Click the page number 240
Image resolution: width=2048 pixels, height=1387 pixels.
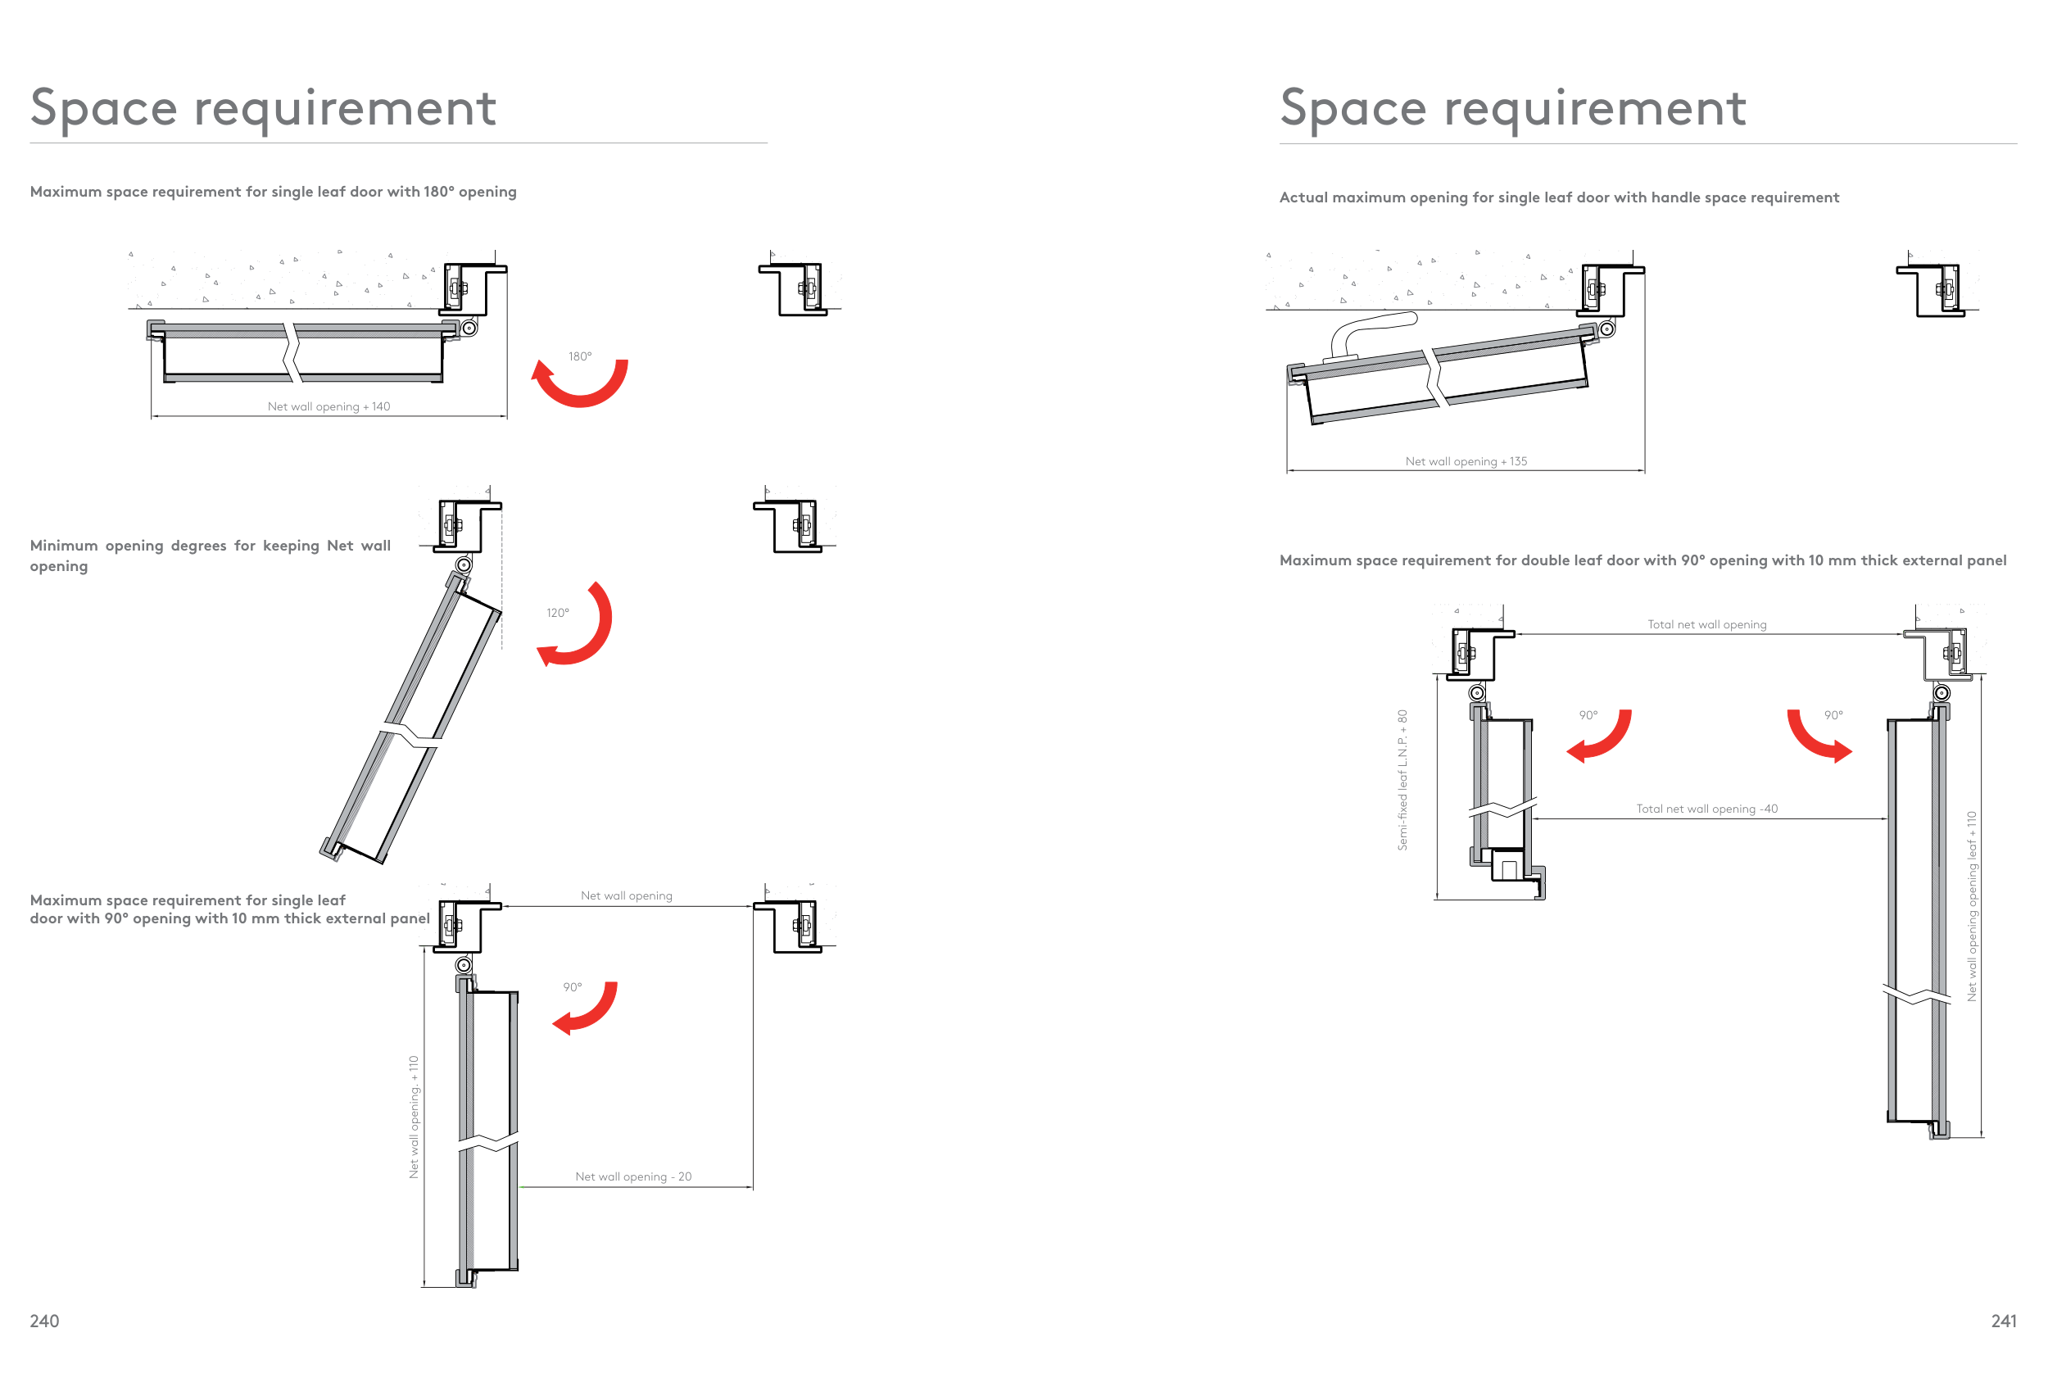point(44,1321)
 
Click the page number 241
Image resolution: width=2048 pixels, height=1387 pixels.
point(2003,1321)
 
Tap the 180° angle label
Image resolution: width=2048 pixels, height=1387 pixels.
point(580,356)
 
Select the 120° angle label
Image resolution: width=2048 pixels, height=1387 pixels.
point(558,613)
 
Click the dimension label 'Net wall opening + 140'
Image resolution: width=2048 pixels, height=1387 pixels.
point(328,406)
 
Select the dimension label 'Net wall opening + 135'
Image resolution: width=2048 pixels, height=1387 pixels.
point(1466,461)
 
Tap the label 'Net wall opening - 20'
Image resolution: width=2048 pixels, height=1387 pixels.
point(633,1176)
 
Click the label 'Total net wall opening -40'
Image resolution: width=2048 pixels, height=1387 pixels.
point(1707,809)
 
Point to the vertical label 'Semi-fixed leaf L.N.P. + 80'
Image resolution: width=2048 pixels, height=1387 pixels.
point(1402,780)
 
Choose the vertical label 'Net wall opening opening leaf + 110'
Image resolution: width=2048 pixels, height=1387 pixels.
point(1972,906)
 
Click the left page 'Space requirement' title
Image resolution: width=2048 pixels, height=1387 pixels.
point(264,109)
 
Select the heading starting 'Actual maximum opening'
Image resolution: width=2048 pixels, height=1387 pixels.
point(1559,197)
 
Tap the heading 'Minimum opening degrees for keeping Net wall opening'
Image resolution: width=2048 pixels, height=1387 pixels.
point(211,555)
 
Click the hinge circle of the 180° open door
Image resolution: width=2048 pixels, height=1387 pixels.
point(469,328)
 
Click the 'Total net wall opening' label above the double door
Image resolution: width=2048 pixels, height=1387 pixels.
point(1707,625)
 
